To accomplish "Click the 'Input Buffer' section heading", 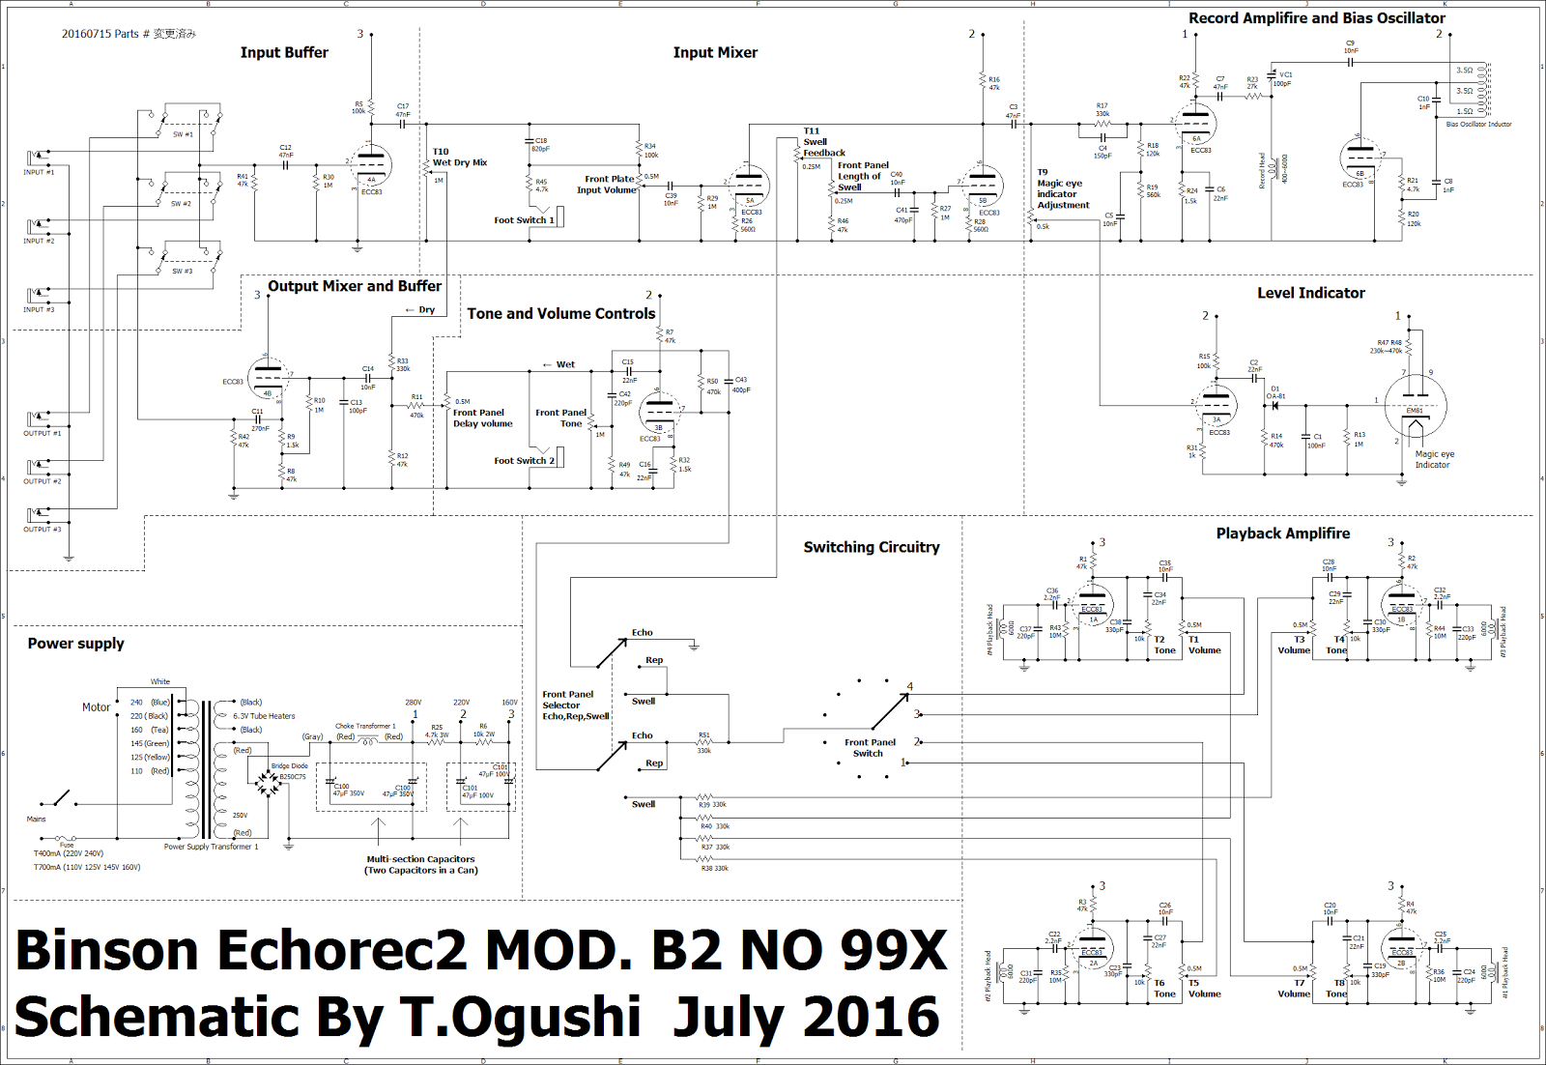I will [284, 53].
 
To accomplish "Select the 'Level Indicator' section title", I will [1310, 293].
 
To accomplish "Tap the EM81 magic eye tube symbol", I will [1415, 406].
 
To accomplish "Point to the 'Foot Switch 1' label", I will [524, 220].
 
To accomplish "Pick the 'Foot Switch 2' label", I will [524, 461].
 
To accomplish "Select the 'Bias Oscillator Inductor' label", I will [1478, 125].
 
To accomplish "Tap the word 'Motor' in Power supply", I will [96, 707].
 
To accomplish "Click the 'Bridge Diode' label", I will [289, 766].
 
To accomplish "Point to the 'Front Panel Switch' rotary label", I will [870, 748].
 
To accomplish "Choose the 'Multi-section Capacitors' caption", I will [420, 859].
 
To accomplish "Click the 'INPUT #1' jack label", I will [39, 172].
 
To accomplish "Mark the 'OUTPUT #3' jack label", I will [42, 530].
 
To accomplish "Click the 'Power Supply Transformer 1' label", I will [211, 847].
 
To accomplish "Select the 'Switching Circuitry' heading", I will [871, 547].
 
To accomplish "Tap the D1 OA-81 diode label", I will [1275, 392].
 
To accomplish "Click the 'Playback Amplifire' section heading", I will [1282, 533].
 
